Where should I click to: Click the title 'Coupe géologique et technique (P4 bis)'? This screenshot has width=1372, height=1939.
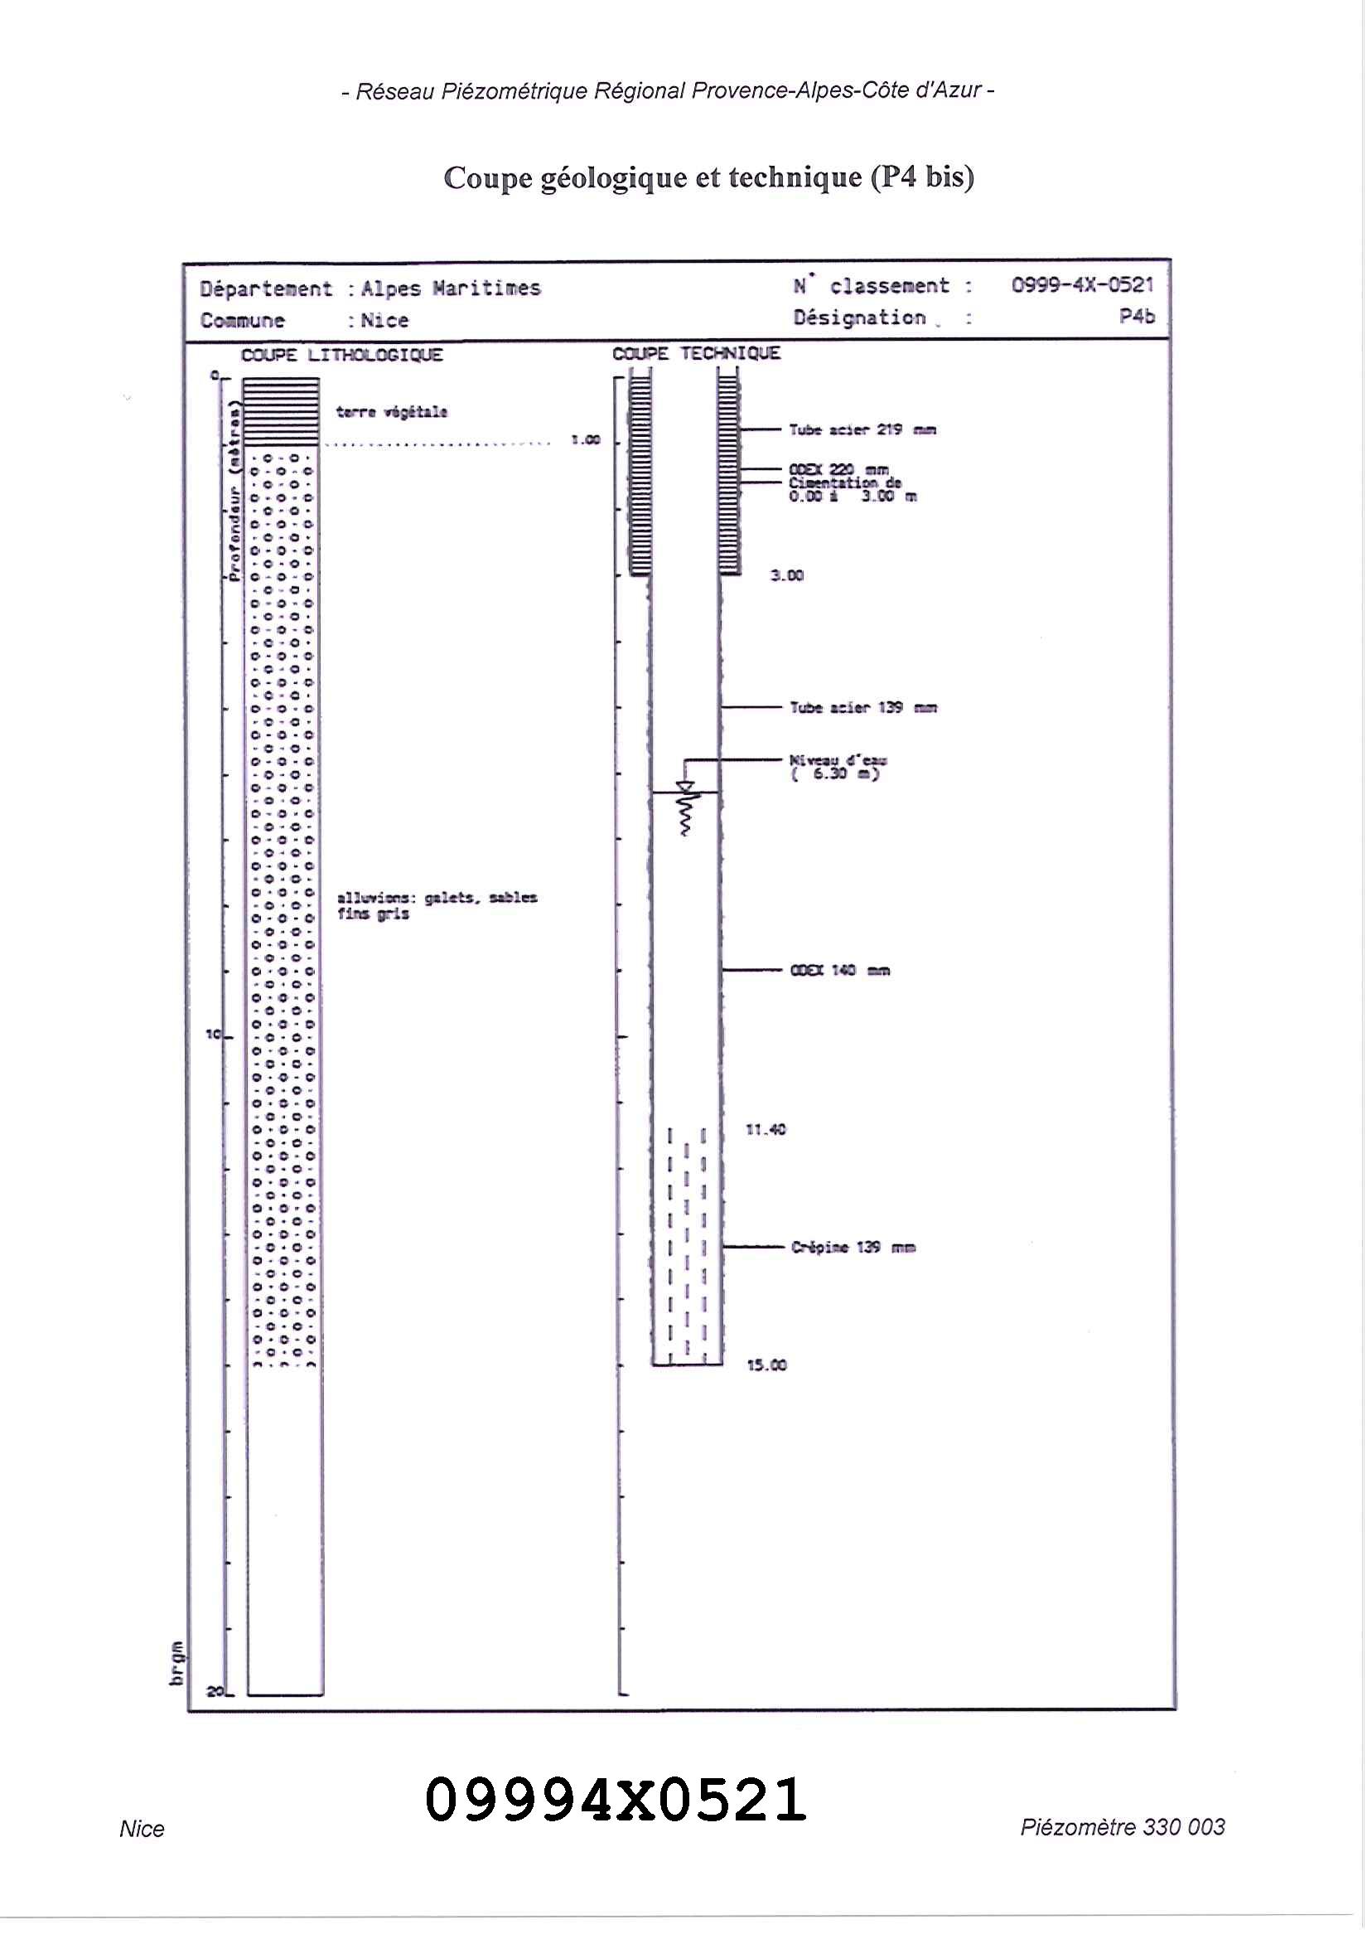click(x=709, y=177)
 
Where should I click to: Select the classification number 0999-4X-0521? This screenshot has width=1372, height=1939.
click(x=1082, y=285)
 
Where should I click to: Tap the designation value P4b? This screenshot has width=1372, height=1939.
click(x=1137, y=316)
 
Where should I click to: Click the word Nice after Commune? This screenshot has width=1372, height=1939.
click(x=384, y=320)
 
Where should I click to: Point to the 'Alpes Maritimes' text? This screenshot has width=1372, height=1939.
click(x=451, y=288)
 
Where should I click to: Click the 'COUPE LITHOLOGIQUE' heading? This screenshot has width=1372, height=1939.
click(x=341, y=355)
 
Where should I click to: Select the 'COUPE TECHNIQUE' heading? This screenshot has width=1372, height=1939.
click(x=696, y=353)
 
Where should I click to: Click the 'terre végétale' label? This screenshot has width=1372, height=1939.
click(x=391, y=413)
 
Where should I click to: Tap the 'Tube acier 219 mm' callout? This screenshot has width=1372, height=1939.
click(x=862, y=429)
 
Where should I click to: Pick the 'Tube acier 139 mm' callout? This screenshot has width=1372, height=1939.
click(x=862, y=707)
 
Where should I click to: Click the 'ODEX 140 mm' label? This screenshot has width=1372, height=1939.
click(x=840, y=971)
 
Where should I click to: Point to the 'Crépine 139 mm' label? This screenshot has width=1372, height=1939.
click(x=853, y=1248)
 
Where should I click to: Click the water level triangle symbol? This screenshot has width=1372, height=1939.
click(x=686, y=788)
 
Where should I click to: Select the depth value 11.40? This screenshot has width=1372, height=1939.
click(x=766, y=1129)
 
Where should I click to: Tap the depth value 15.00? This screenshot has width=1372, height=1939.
click(x=766, y=1365)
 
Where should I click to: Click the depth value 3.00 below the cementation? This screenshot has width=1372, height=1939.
click(x=786, y=575)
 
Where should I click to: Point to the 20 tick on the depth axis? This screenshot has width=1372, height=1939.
click(x=216, y=1691)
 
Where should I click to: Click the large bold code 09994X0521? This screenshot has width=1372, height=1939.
click(x=615, y=1800)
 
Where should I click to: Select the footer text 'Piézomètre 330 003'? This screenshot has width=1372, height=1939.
click(x=1122, y=1827)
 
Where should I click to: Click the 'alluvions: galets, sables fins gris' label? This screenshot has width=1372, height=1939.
click(x=436, y=905)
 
